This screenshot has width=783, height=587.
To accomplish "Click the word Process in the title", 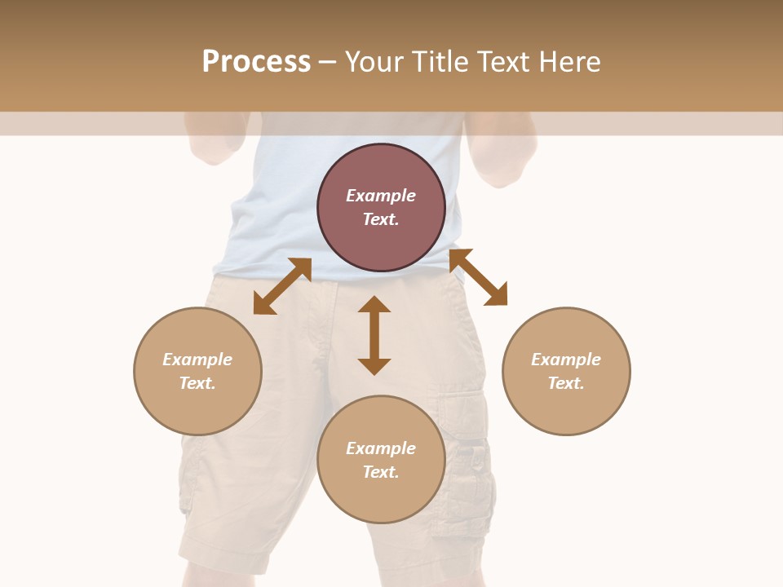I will coord(256,62).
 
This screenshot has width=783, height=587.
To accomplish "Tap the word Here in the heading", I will coord(570,62).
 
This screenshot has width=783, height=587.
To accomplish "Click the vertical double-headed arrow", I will coord(374,335).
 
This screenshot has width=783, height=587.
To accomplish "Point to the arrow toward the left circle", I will coord(282,286).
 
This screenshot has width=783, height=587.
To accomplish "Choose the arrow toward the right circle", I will coord(478,277).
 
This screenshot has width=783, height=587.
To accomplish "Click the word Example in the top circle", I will coord(381,196).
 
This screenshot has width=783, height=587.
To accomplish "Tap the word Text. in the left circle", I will coord(197,383).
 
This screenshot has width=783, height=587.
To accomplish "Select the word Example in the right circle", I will coord(566,360).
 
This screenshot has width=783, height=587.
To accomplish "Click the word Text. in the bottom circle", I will coord(381,472).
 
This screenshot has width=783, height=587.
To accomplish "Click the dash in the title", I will coord(327,62).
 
